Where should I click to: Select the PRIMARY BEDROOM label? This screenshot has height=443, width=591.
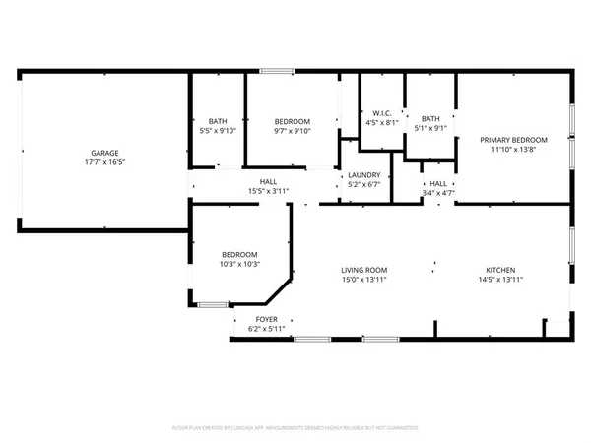tap(513, 140)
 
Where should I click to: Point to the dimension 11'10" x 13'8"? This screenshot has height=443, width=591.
tap(513, 150)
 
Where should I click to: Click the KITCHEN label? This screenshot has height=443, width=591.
tap(500, 270)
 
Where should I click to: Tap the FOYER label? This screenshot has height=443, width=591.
tap(266, 319)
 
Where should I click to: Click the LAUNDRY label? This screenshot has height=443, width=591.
tap(363, 175)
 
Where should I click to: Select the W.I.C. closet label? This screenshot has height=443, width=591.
tap(382, 113)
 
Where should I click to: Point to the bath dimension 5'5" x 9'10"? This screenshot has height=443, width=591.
tap(217, 131)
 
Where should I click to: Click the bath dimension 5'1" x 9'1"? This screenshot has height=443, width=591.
tap(431, 126)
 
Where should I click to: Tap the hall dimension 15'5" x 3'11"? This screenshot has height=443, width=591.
tap(268, 191)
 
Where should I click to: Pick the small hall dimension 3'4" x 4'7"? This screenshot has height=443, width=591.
tap(438, 193)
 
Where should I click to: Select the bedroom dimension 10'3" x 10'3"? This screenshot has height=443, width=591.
tap(238, 264)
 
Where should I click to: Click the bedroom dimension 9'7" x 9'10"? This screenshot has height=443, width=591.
tap(292, 131)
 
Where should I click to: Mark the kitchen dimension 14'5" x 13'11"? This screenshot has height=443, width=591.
tap(500, 280)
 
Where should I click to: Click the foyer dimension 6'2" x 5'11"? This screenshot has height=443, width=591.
tap(266, 328)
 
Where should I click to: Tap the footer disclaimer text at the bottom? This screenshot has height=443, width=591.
tap(295, 428)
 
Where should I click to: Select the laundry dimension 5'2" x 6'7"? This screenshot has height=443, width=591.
tap(363, 184)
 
